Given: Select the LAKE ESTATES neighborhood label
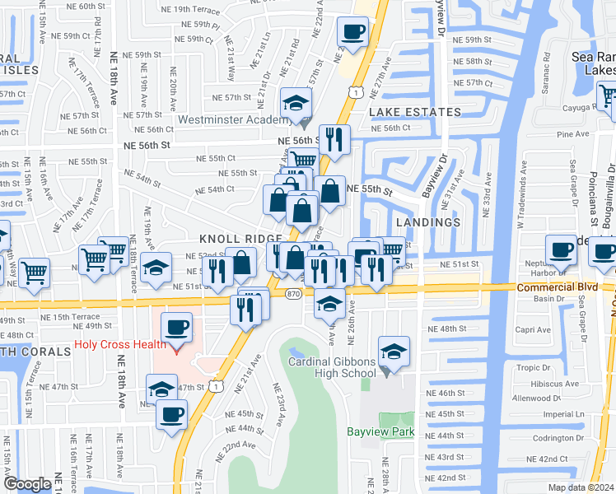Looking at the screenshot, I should click(414, 112).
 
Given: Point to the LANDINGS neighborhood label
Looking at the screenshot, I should click(427, 222).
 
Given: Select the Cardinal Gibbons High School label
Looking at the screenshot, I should click(332, 367).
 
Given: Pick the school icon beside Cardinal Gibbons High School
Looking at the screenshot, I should click(394, 350).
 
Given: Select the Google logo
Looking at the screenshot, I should click(27, 483).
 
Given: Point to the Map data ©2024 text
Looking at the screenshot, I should click(580, 487).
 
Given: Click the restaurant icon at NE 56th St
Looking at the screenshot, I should click(334, 139).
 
